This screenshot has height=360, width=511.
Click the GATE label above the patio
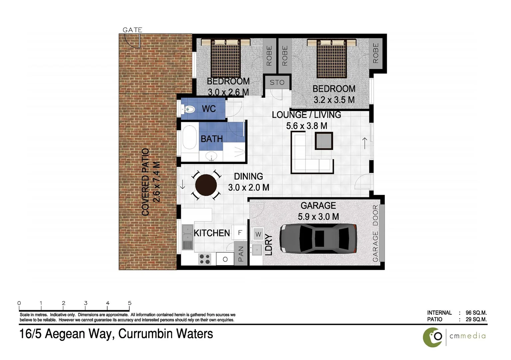coord(132,30)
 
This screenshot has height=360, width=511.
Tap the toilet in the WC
coord(189,109)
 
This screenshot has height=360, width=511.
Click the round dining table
coord(206,185)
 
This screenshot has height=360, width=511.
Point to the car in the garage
coord(318,238)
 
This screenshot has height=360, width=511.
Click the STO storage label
coord(277,82)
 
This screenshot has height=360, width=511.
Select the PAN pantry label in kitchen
coord(241,254)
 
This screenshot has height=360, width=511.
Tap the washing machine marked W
coord(258,234)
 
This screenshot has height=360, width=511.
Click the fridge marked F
coord(240,233)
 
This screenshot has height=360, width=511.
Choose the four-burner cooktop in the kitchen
coord(205,259)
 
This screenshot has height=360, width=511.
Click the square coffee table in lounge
coord(324,141)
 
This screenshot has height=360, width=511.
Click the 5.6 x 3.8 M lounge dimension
coord(306,126)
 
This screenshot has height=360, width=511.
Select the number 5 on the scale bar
coord(130,303)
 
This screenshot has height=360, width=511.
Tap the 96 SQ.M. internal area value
coord(476,313)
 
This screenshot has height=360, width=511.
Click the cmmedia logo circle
coord(433,337)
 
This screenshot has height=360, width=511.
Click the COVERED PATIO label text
coord(146,182)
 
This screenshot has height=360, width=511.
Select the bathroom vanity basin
coord(211,156)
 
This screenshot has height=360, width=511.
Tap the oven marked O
coord(225,259)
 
